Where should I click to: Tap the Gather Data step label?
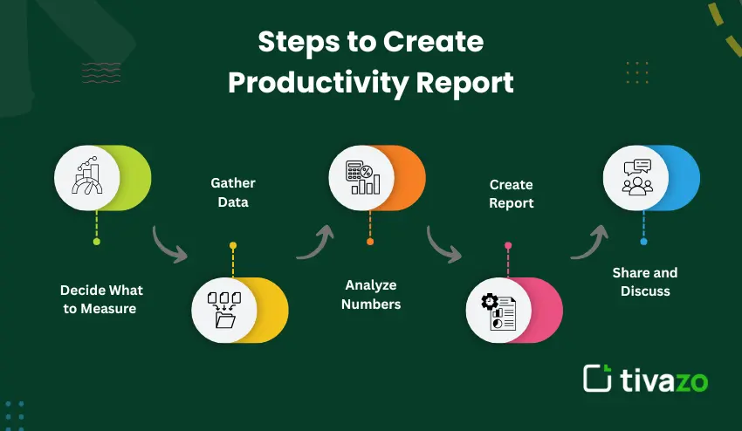click(233, 193)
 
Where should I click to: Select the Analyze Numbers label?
click(371, 294)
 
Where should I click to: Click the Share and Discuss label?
click(645, 282)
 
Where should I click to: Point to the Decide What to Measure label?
click(101, 299)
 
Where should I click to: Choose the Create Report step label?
click(511, 194)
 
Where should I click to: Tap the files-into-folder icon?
click(224, 310)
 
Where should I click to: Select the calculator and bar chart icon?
click(362, 177)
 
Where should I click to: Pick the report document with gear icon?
click(498, 311)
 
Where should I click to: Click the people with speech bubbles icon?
click(637, 177)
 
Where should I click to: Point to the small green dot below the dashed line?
click(97, 242)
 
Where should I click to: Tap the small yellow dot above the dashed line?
click(233, 245)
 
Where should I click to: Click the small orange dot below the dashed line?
click(370, 242)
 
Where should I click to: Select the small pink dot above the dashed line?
click(508, 245)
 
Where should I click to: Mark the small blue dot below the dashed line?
click(643, 242)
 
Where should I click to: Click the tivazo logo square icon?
click(597, 378)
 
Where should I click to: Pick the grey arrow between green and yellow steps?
click(167, 246)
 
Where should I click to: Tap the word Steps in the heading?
click(299, 42)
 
